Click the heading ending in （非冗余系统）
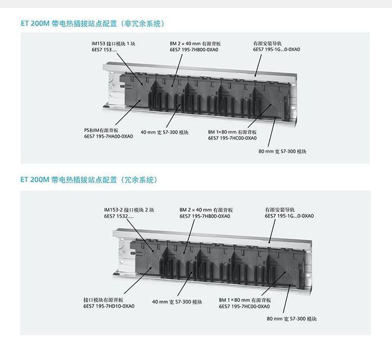[92, 24]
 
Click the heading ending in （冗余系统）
[89, 180]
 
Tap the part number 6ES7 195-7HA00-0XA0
[108, 137]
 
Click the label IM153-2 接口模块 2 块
[129, 209]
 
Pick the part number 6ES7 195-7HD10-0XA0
[109, 306]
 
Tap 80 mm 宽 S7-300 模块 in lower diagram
[292, 319]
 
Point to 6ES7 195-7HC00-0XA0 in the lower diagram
[244, 306]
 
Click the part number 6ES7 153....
[104, 50]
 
